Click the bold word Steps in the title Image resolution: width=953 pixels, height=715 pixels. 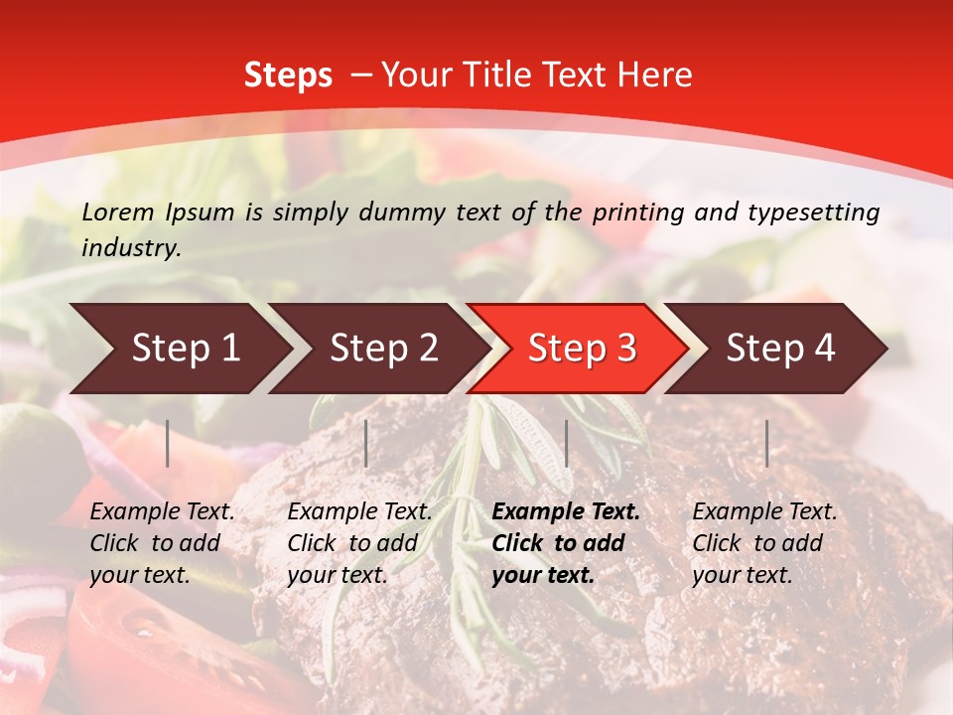coord(288,75)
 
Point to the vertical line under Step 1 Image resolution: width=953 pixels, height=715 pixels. coord(168,443)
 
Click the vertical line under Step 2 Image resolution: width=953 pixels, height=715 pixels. coord(366,443)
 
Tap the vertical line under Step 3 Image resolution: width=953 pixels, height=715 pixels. coord(566,443)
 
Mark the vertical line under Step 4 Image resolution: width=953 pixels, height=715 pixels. coord(766,443)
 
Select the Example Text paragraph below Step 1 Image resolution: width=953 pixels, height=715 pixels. coord(162,543)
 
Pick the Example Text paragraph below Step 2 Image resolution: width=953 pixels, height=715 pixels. coord(359,543)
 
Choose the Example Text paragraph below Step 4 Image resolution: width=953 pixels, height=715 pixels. coord(764,543)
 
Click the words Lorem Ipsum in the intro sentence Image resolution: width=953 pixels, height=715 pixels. coord(158,213)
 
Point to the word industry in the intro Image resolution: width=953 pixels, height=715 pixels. coord(131,248)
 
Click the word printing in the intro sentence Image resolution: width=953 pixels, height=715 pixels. coord(640,213)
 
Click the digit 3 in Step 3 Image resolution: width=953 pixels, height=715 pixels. coord(625,349)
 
